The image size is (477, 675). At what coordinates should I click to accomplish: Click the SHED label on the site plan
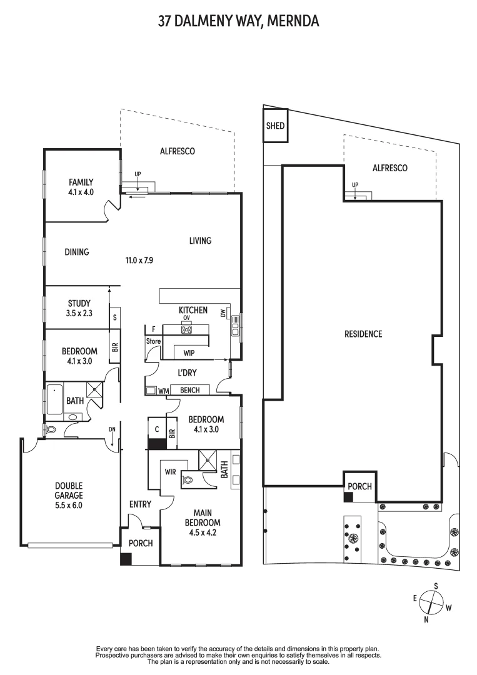point(275,126)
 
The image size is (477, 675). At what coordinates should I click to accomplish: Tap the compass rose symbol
point(431,602)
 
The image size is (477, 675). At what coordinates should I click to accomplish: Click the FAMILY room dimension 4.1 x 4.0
point(81,192)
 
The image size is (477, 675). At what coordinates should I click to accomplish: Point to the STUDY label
point(79,304)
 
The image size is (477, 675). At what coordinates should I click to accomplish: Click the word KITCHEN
point(193,310)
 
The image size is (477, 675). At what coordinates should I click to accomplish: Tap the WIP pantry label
point(189,353)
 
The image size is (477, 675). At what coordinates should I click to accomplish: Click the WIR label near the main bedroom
point(170,472)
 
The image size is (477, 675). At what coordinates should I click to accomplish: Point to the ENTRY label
point(140,504)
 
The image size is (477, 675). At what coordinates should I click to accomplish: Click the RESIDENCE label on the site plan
point(363,334)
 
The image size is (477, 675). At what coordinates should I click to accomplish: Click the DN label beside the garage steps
point(112,429)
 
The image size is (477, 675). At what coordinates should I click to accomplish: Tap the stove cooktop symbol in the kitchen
point(186,329)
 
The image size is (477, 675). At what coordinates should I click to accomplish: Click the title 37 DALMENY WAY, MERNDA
point(238,22)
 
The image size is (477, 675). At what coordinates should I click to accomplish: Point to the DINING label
point(77,252)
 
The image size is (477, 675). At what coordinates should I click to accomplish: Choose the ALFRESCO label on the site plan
point(389,168)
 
